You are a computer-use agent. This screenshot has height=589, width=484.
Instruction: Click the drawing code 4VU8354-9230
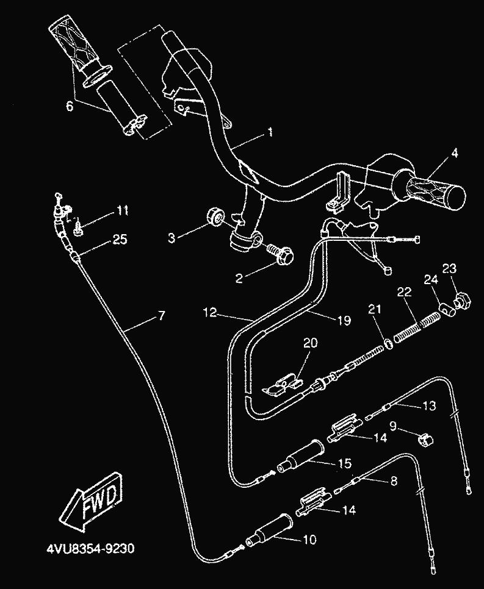point(89,548)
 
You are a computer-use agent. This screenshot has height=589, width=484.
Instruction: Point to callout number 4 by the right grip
point(454,154)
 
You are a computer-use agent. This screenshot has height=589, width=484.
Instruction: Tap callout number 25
point(120,240)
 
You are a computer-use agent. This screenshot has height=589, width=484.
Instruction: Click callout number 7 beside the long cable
point(161,316)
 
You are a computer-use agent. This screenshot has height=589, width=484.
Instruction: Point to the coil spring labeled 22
point(416,327)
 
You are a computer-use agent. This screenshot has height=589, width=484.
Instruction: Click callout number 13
point(430,406)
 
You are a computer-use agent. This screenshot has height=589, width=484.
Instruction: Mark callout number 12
point(210,313)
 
